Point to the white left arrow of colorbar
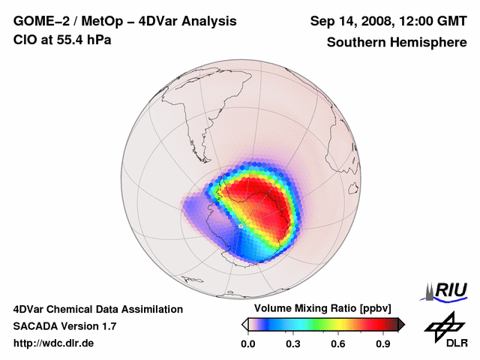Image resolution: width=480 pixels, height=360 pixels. (x=245, y=323)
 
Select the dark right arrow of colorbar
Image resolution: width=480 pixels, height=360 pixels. (x=400, y=323)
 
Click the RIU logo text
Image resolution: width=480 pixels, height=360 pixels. (x=451, y=289)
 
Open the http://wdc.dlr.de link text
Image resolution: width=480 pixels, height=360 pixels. (x=54, y=343)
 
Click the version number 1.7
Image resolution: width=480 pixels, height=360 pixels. (x=108, y=326)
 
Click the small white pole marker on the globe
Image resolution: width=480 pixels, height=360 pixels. (x=240, y=225)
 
